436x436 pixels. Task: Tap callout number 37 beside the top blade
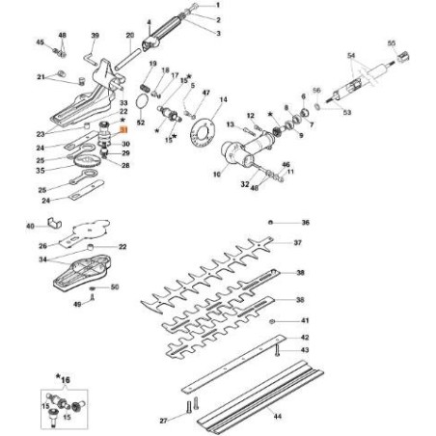click(299, 243)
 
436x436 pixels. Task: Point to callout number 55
click(391, 44)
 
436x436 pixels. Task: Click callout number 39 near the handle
click(95, 36)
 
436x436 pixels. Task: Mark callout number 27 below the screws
click(164, 421)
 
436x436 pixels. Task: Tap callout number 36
click(305, 222)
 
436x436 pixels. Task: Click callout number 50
click(113, 286)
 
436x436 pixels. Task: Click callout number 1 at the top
click(218, 7)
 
